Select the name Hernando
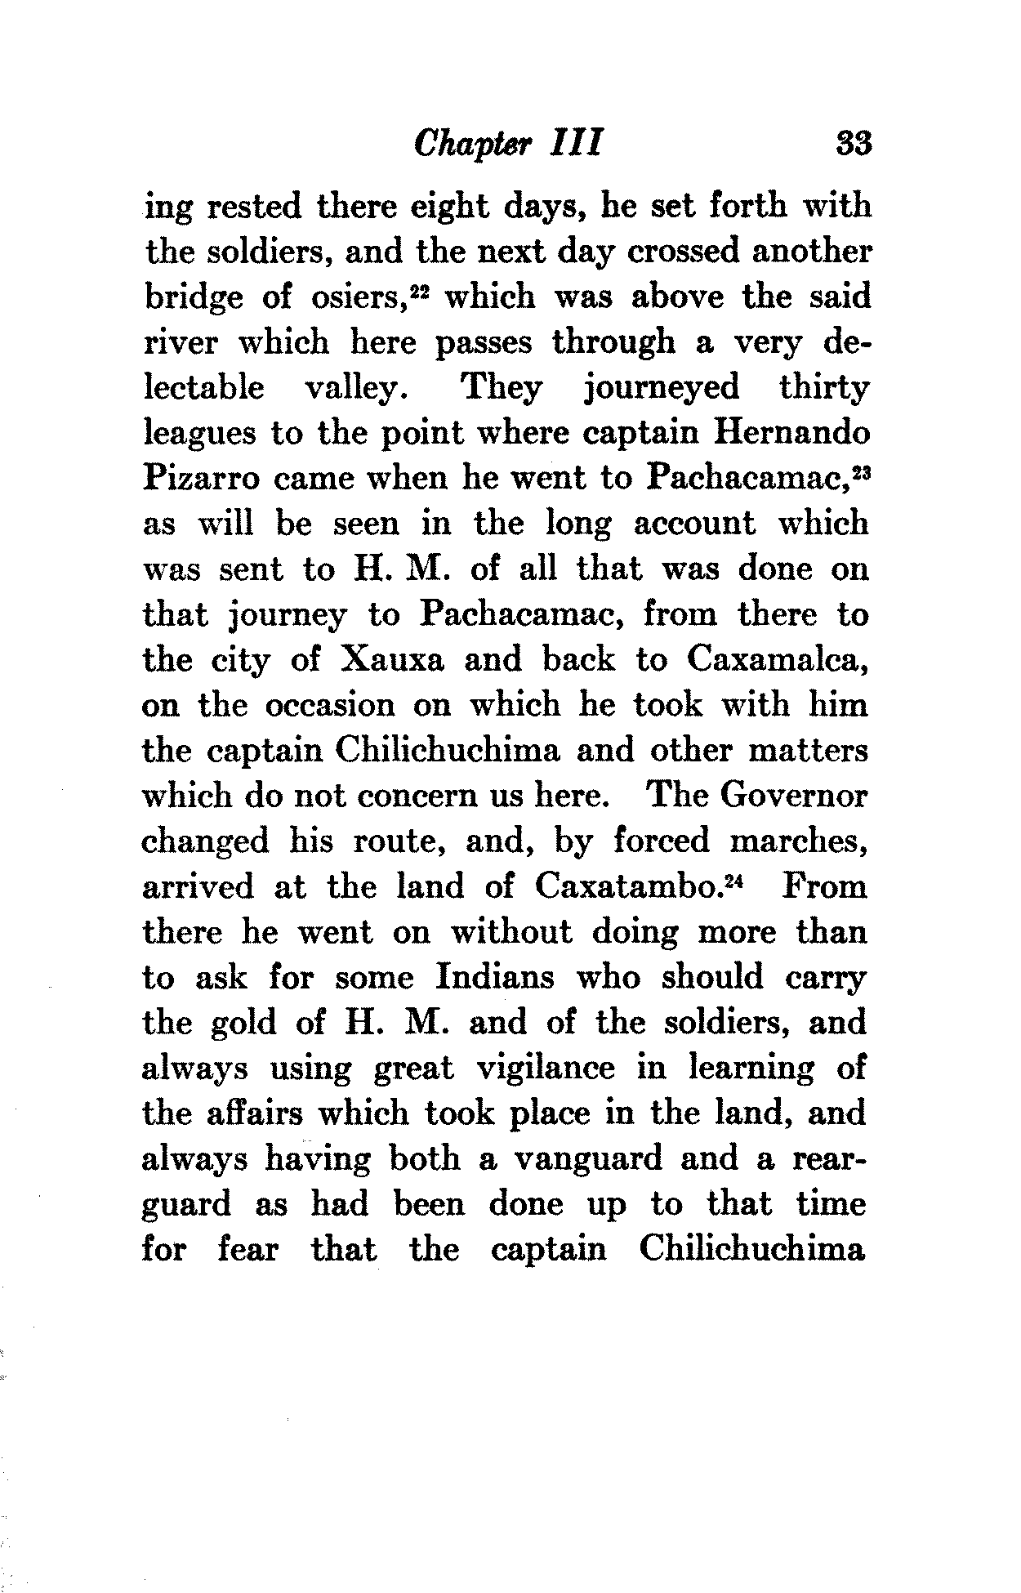tap(791, 432)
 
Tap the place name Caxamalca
tap(777, 659)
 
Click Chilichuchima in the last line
tap(752, 1250)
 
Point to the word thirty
tap(824, 387)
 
